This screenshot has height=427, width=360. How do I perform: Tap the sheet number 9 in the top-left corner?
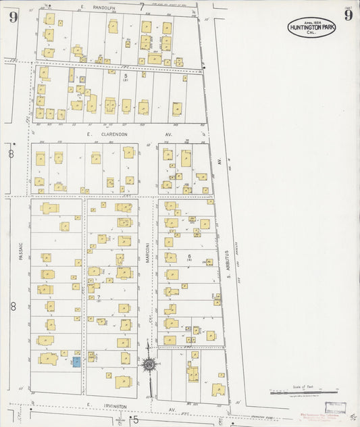point(13,16)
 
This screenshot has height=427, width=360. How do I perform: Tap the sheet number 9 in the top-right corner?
point(348,15)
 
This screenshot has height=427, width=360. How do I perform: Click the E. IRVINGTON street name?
point(107,406)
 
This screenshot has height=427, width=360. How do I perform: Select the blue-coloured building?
point(76,362)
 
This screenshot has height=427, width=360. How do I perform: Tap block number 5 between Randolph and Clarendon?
point(126,76)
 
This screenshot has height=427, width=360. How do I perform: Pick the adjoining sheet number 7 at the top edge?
point(142,7)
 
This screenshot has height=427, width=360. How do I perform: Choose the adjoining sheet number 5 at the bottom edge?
point(135,420)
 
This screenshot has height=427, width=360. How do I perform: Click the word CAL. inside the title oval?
point(311,32)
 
